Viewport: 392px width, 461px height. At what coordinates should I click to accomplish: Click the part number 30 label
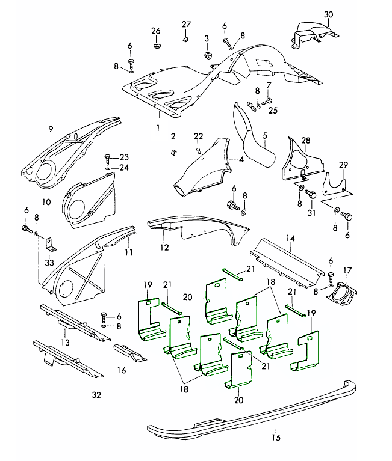point(328,14)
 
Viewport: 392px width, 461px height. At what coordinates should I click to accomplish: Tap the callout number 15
point(276,438)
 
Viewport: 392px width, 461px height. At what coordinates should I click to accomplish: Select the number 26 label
point(156,31)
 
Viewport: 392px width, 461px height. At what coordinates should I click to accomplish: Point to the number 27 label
point(186,24)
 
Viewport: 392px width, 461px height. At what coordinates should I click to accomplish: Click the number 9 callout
point(51,128)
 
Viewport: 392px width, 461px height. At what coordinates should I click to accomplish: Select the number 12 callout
point(164,246)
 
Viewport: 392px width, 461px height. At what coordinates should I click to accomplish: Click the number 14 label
point(291,238)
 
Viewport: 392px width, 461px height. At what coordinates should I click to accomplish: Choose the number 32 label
point(96,395)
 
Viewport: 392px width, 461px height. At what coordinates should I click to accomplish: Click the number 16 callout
point(122,371)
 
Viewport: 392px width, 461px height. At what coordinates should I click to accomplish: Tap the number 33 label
point(49,262)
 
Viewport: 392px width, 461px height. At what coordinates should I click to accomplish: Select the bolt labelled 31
point(311,195)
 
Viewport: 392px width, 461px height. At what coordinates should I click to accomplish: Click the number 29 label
point(343,165)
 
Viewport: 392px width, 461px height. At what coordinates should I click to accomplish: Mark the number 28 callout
point(306,141)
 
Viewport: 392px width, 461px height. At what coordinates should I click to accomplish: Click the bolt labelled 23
point(108,157)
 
